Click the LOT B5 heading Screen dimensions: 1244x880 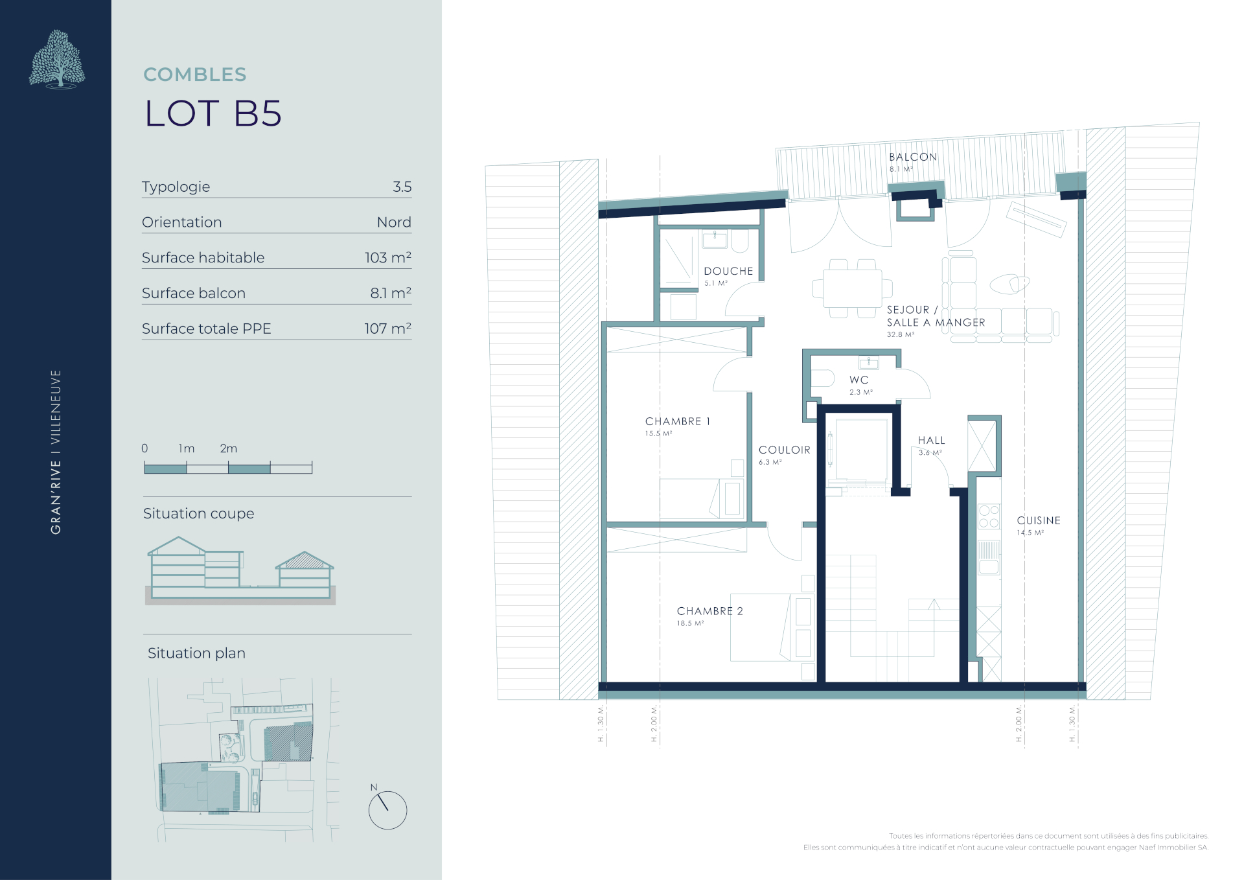pyautogui.click(x=213, y=113)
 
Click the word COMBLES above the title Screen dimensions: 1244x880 pyautogui.click(x=195, y=75)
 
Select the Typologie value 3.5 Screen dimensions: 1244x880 pyautogui.click(x=402, y=187)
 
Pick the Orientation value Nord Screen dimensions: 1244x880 pyautogui.click(x=394, y=222)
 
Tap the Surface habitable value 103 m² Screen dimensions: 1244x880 pyautogui.click(x=387, y=257)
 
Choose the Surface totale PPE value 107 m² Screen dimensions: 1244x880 pyautogui.click(x=387, y=329)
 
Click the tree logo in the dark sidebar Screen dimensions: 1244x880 pyautogui.click(x=58, y=59)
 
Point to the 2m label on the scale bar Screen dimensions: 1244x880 pyautogui.click(x=228, y=448)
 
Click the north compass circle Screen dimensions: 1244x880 pyautogui.click(x=387, y=810)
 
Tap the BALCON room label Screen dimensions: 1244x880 pyautogui.click(x=913, y=157)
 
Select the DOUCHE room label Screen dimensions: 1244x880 pyautogui.click(x=728, y=271)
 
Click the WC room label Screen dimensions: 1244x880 pyautogui.click(x=859, y=380)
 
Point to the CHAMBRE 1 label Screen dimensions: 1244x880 pyautogui.click(x=678, y=421)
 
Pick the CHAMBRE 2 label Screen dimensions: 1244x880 pyautogui.click(x=710, y=611)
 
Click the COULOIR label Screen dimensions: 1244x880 pyautogui.click(x=785, y=450)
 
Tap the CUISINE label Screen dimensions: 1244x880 pyautogui.click(x=1039, y=520)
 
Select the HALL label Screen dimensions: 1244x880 pyautogui.click(x=932, y=440)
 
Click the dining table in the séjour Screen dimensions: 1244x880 pyautogui.click(x=852, y=288)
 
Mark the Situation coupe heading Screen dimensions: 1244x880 pyautogui.click(x=198, y=513)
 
